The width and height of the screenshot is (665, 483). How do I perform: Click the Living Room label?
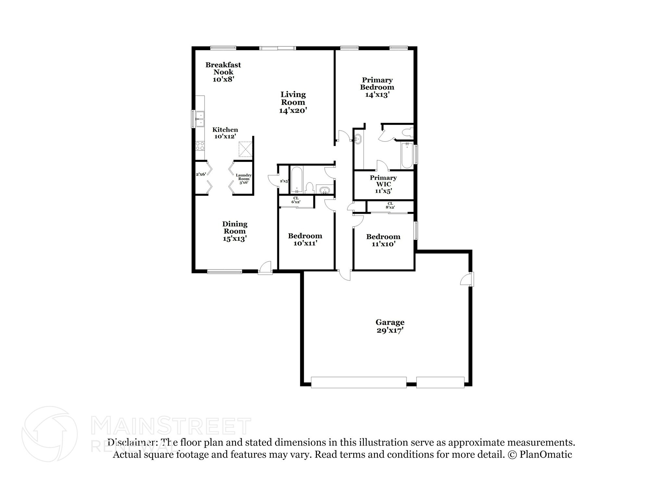pyautogui.click(x=293, y=102)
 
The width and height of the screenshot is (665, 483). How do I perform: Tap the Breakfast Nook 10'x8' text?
pyautogui.click(x=223, y=72)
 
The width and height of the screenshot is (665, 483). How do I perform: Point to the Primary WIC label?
pyautogui.click(x=383, y=184)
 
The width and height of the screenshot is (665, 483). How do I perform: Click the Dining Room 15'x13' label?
pyautogui.click(x=234, y=231)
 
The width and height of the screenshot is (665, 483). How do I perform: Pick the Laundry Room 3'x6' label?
pyautogui.click(x=244, y=179)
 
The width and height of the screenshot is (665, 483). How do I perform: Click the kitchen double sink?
pyautogui.click(x=200, y=119)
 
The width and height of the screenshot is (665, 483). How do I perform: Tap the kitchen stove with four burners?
pyautogui.click(x=200, y=146)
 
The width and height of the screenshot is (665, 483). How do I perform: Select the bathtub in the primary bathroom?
pyautogui.click(x=407, y=156)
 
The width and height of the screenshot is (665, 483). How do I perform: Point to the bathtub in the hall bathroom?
pyautogui.click(x=296, y=180)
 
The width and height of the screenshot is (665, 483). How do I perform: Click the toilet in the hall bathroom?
pyautogui.click(x=309, y=188)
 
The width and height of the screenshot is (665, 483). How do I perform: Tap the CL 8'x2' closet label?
pyautogui.click(x=390, y=205)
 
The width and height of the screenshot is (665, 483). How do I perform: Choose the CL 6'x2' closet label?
pyautogui.click(x=295, y=200)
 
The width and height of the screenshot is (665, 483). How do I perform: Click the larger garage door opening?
pyautogui.click(x=358, y=382)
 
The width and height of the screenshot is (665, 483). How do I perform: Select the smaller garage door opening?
pyautogui.click(x=440, y=382)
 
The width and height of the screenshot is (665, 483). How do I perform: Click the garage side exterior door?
pyautogui.click(x=468, y=279)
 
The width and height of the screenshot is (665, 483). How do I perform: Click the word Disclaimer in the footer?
pyautogui.click(x=131, y=442)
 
